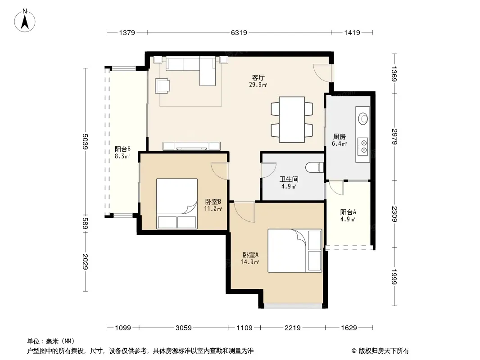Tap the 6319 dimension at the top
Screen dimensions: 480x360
239,32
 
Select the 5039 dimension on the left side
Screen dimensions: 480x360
86,142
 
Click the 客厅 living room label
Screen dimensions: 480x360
258,78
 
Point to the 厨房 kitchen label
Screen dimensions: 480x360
339,137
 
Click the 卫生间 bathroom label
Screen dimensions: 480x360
289,180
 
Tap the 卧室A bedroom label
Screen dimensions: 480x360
250,255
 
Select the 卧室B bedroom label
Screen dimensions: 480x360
213,202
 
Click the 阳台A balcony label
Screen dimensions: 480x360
348,212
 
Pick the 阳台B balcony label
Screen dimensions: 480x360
122,149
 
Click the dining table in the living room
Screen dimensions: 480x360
292,120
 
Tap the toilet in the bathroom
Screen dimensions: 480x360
314,167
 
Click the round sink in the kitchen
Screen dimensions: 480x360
363,119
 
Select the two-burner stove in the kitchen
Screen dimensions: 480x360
363,146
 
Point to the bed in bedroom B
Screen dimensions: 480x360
177,204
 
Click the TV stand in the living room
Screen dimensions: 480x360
192,146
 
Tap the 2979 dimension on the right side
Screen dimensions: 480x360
394,137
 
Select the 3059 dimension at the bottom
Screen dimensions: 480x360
183,328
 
